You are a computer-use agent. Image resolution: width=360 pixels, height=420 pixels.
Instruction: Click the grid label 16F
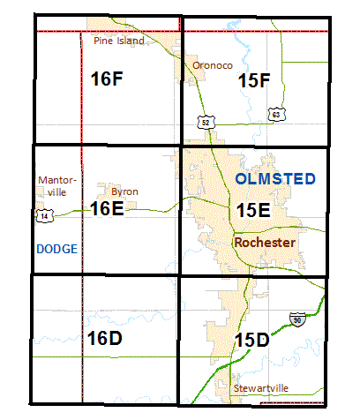click(x=106, y=79)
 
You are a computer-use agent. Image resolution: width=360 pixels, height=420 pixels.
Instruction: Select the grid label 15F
click(x=254, y=81)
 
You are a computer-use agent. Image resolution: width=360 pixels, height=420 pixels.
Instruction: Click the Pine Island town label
click(x=116, y=40)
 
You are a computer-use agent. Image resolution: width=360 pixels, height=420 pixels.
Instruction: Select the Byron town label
click(x=124, y=191)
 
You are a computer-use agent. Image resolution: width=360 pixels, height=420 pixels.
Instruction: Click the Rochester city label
click(x=265, y=242)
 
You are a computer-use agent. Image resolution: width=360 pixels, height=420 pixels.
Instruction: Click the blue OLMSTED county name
click(x=276, y=179)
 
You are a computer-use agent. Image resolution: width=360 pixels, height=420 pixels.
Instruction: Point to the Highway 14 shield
click(x=44, y=214)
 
